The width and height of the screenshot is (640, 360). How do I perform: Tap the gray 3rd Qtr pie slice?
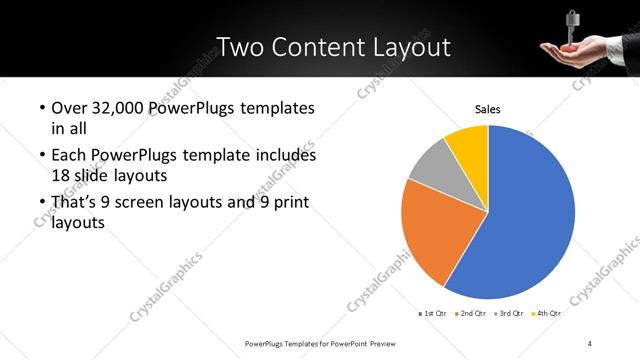[x=432, y=164]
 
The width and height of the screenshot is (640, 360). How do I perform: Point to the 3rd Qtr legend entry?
[x=509, y=313]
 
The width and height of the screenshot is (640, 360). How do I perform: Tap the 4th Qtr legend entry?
[x=546, y=313]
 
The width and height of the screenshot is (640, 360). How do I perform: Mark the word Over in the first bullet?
[x=70, y=108]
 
